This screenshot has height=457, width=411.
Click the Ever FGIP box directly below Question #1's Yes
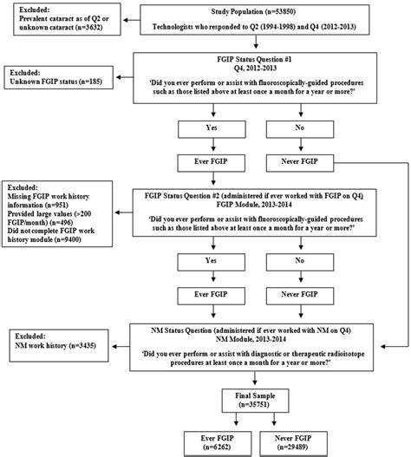213,160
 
